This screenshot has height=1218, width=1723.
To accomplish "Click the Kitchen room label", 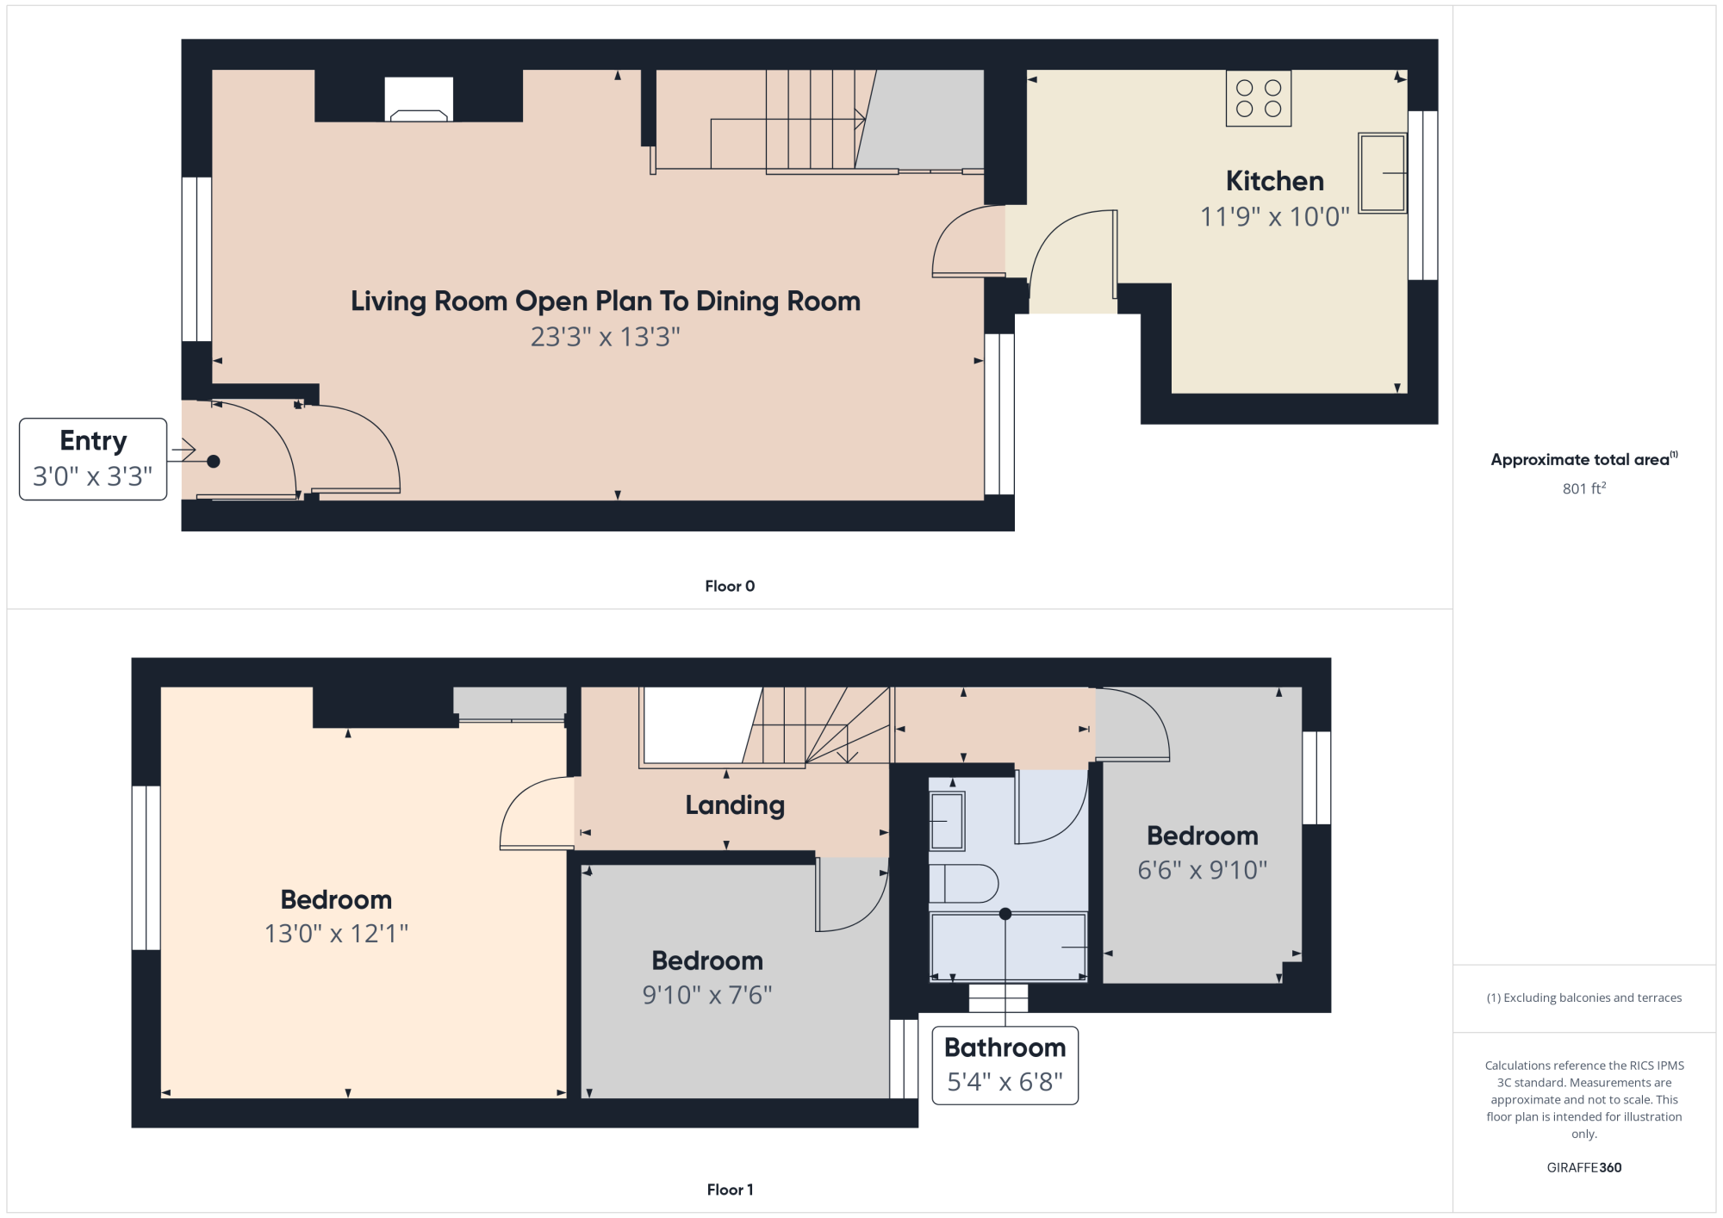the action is (x=1275, y=181).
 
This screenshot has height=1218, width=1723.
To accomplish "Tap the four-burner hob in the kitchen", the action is (x=1259, y=98).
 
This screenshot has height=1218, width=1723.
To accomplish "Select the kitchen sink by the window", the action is (x=1383, y=172).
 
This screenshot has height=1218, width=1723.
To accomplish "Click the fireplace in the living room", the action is (x=419, y=99).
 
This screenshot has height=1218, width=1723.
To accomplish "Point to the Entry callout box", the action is (x=93, y=459).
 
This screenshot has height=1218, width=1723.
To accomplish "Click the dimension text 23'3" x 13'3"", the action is (x=606, y=337).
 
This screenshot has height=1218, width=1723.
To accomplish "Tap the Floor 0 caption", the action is (x=730, y=587).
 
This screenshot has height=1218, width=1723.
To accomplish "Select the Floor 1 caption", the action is (x=730, y=1190).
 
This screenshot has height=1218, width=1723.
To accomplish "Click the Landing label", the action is (x=735, y=805).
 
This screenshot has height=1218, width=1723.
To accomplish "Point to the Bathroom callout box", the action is (x=1005, y=1066).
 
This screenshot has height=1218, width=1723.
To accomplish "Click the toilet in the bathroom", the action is (x=963, y=883).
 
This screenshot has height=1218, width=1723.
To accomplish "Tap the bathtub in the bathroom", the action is (x=1008, y=946).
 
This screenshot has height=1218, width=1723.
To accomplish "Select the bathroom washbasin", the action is (x=947, y=821).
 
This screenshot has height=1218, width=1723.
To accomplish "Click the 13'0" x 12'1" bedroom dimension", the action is (x=336, y=934).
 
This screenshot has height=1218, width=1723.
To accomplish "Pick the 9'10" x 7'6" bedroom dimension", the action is (x=707, y=995).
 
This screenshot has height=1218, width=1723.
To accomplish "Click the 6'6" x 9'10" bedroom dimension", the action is (x=1203, y=870).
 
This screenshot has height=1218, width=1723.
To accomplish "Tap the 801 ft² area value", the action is (x=1584, y=488).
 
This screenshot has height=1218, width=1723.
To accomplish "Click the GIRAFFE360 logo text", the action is (x=1584, y=1168).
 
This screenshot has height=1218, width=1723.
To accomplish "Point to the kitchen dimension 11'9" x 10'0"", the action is (x=1275, y=216).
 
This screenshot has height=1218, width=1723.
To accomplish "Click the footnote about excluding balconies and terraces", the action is (x=1584, y=997).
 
